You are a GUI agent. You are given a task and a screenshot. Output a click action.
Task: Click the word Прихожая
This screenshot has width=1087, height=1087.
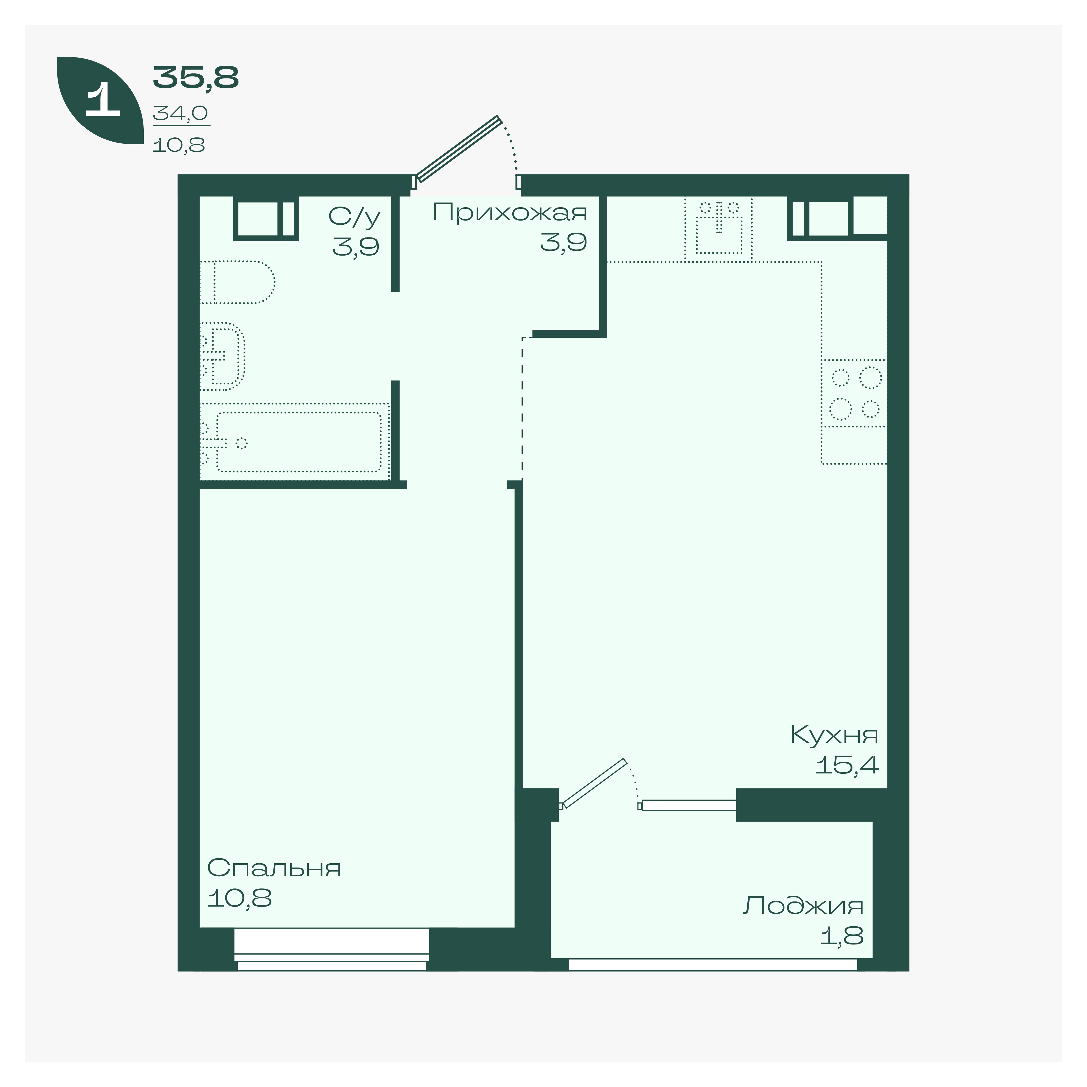pos(510,213)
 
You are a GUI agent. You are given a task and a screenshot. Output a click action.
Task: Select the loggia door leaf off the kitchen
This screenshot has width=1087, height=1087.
pos(594,783)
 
